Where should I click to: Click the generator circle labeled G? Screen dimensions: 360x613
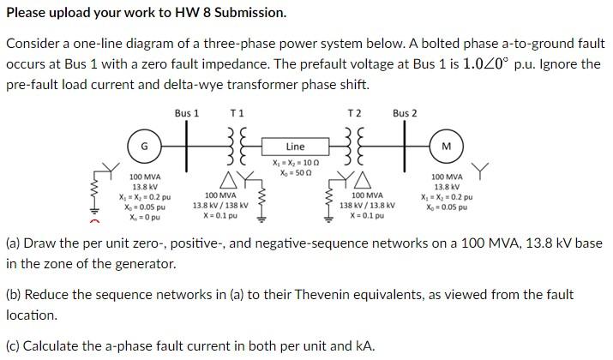click(x=145, y=146)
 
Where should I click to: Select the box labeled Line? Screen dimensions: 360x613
click(x=294, y=147)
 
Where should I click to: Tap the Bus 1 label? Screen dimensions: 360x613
click(x=187, y=112)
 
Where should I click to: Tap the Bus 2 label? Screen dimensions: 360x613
click(x=405, y=112)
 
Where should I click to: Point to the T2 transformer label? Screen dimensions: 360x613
click(x=354, y=112)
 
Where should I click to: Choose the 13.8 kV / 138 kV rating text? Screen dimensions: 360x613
click(x=220, y=205)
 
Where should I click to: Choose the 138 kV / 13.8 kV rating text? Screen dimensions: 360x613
click(x=367, y=205)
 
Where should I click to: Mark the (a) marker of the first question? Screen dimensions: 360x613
click(x=13, y=243)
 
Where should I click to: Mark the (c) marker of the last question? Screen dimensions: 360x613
click(x=13, y=346)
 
